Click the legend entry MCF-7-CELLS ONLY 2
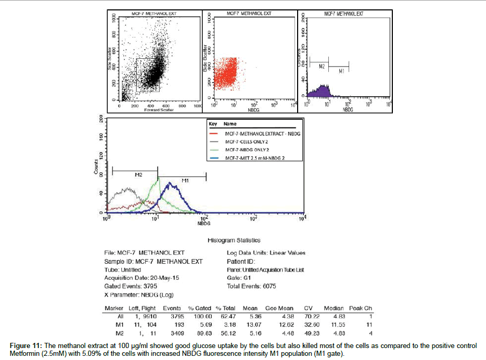point(246,142)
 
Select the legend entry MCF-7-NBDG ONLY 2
point(246,150)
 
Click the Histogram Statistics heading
point(234,240)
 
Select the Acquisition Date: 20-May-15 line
point(142,278)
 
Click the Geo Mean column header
point(279,308)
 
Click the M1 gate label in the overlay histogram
point(184,180)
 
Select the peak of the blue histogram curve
point(169,183)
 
